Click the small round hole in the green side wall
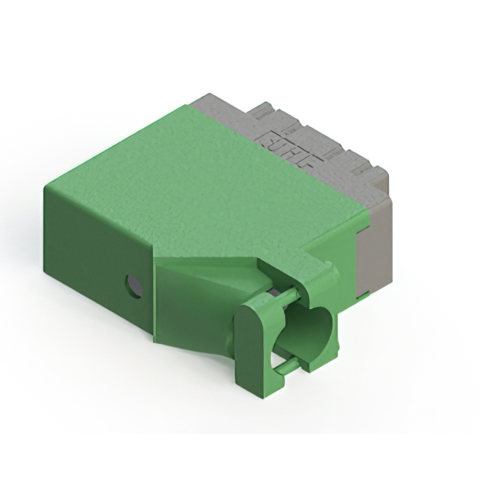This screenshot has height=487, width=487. [x=134, y=286]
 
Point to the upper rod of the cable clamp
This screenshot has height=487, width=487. [x=282, y=296]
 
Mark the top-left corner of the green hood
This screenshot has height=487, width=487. [x=46, y=186]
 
